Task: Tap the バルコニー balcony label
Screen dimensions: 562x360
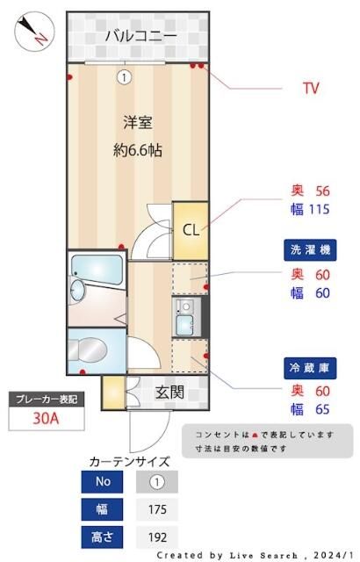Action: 140,36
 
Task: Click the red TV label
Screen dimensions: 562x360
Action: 310,88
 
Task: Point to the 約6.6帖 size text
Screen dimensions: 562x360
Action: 139,149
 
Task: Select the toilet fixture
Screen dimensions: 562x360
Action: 89,351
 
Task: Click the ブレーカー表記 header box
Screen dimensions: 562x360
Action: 46,399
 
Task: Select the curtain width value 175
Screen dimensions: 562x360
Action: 156,509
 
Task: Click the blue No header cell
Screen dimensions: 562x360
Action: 103,481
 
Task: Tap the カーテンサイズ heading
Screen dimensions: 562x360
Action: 129,460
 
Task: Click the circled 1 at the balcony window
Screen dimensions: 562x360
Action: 125,77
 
